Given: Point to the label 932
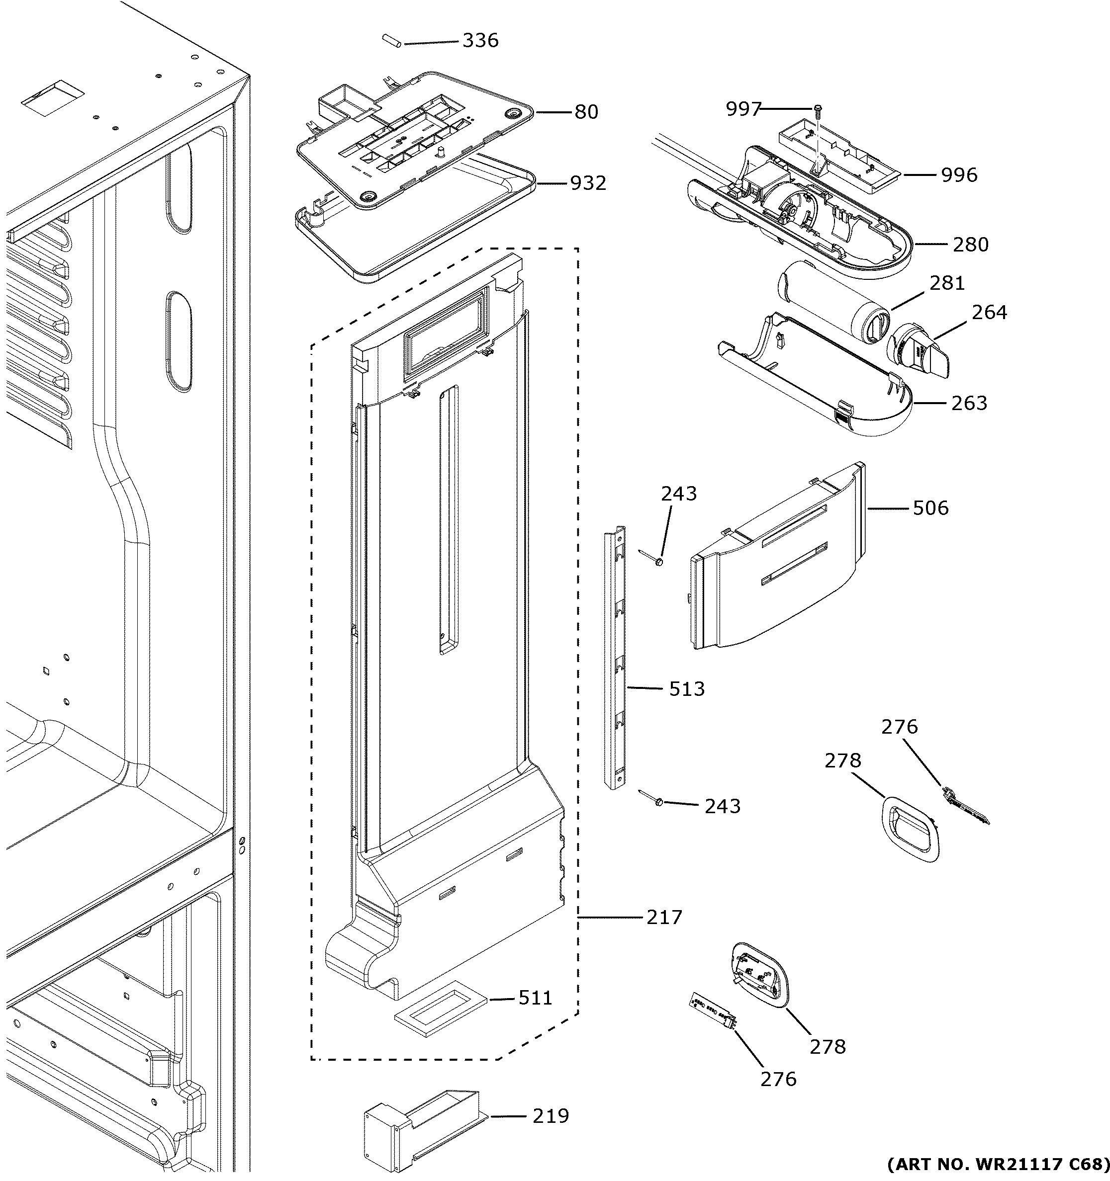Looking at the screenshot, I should click(x=588, y=183).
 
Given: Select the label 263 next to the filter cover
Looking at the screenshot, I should click(x=969, y=403).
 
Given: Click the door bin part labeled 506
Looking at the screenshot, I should click(x=778, y=558).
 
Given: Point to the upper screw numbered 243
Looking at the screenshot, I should click(x=658, y=560).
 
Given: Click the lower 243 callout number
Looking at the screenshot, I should click(x=722, y=806).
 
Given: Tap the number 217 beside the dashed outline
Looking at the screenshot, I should click(x=664, y=918).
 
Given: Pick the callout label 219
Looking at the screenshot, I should click(x=550, y=1116).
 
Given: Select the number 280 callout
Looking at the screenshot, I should click(x=970, y=244).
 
